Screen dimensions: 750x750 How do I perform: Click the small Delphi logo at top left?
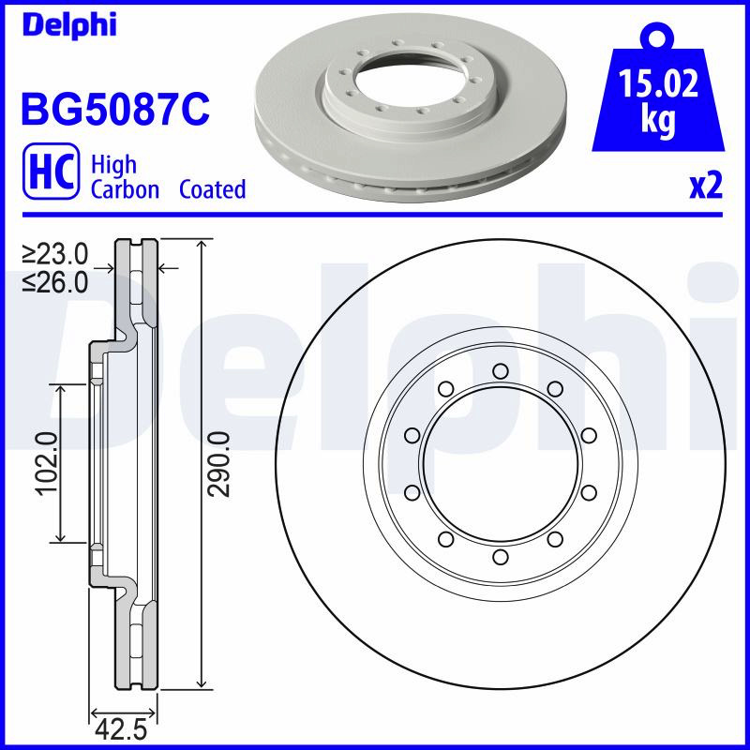point(69,25)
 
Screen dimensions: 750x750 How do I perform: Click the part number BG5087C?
point(115,110)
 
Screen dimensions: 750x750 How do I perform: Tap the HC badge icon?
point(52,171)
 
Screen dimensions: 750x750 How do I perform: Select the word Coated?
point(213,189)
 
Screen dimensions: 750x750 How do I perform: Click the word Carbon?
point(125,189)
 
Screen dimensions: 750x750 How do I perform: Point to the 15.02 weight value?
point(658,83)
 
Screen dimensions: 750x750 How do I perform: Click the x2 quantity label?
point(706,186)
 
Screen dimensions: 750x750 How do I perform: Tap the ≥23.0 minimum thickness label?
point(55,254)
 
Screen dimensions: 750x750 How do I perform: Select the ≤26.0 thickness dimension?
point(55,283)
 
